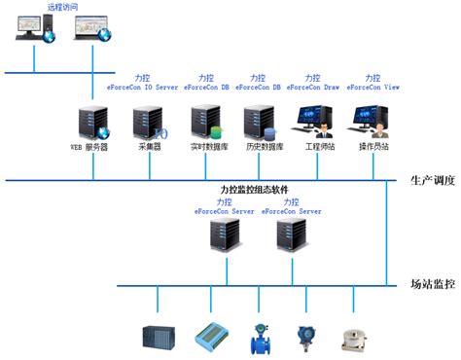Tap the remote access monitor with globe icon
(x=89, y=31)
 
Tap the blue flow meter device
(x=260, y=335)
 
